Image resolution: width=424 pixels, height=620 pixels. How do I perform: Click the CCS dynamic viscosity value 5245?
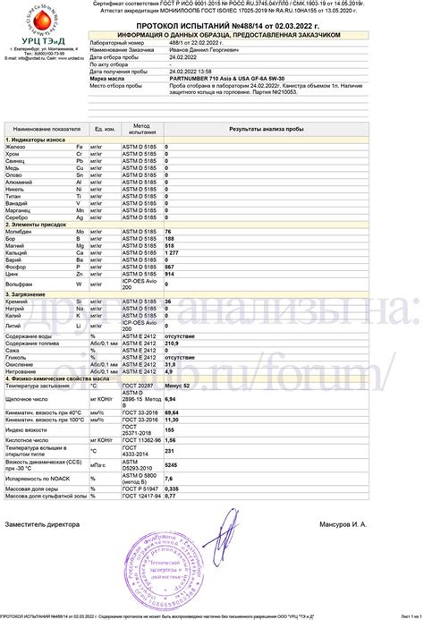(x=173, y=463)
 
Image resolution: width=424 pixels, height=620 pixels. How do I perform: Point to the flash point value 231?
(x=171, y=451)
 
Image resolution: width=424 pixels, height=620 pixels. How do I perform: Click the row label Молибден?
(x=21, y=232)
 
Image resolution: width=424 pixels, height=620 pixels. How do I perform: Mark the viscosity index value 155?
(x=171, y=430)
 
